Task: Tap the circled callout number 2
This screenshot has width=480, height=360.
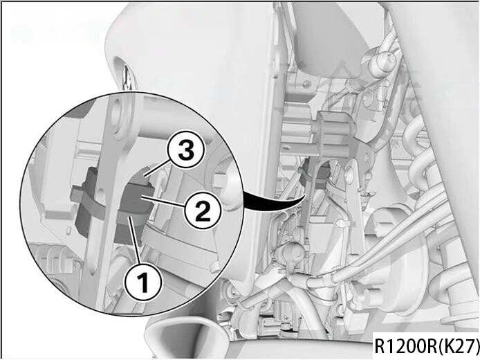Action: click(203, 210)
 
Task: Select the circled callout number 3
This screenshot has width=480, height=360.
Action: click(185, 150)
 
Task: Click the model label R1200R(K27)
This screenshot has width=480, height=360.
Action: click(427, 345)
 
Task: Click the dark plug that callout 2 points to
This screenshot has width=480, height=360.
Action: click(134, 199)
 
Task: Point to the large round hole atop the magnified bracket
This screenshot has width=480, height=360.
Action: click(118, 116)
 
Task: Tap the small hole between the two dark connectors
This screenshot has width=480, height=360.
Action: click(101, 195)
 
